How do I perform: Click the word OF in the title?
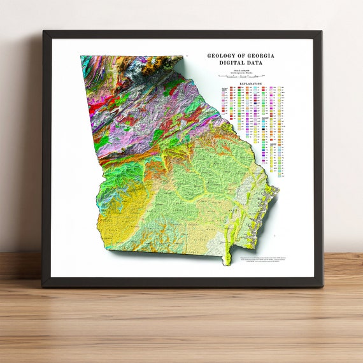coord(240,56)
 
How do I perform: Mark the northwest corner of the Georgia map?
coord(82,57)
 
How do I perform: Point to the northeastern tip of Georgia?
coord(194,59)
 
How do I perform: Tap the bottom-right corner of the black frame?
coord(322,287)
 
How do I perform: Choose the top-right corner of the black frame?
coord(322,31)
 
